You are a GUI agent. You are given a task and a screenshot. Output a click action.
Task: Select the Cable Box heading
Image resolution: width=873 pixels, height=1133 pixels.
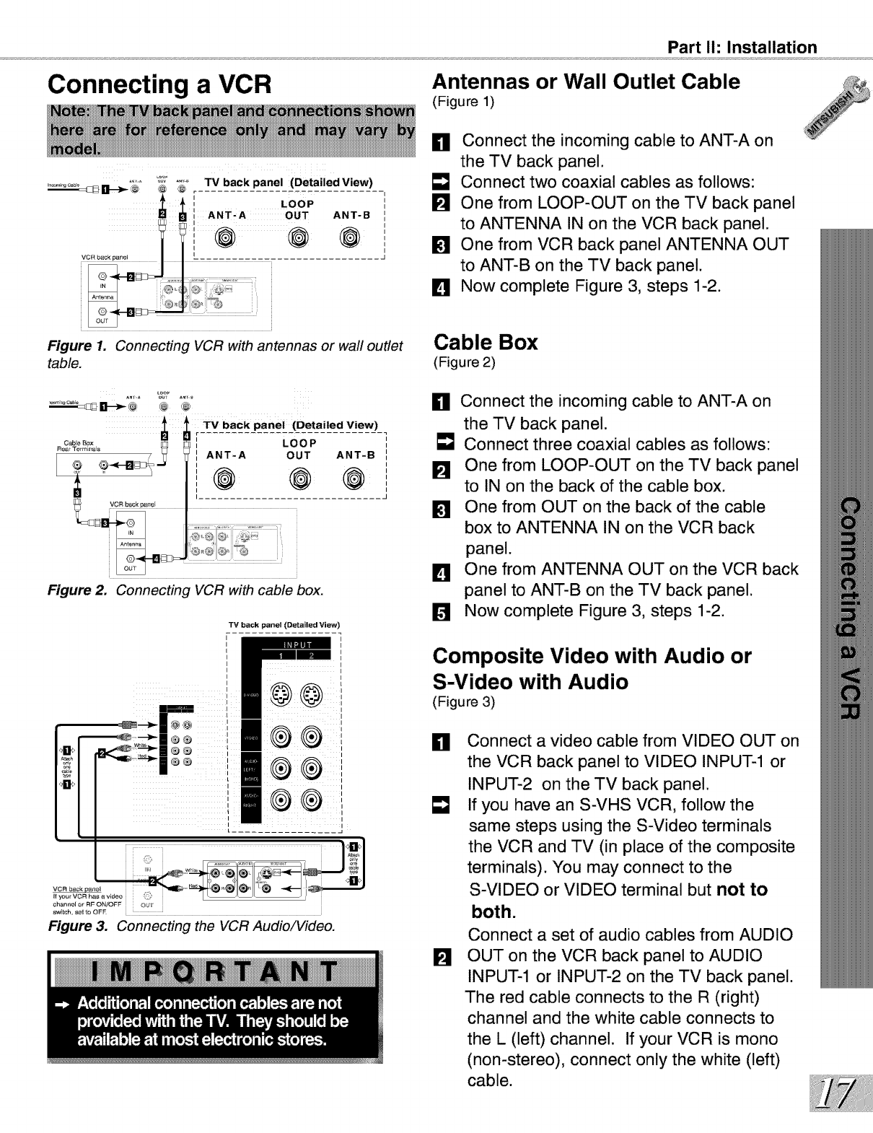pyautogui.click(x=485, y=342)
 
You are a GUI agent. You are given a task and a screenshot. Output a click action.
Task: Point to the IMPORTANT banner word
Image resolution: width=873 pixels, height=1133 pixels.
pyautogui.click(x=215, y=972)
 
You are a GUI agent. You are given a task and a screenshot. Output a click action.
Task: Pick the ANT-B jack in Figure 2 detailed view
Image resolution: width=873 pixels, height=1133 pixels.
pyautogui.click(x=354, y=478)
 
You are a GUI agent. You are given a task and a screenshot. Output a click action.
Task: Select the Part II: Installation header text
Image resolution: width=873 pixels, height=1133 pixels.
pyautogui.click(x=742, y=48)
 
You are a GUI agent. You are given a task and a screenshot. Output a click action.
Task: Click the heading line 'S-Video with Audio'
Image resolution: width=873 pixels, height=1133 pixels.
pyautogui.click(x=530, y=682)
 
